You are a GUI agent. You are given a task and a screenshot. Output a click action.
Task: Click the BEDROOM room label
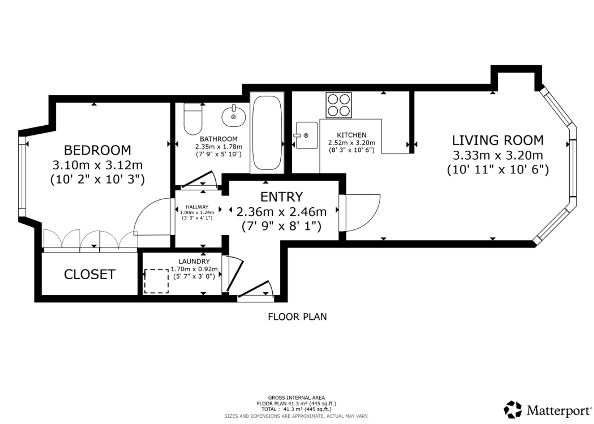click(x=97, y=150)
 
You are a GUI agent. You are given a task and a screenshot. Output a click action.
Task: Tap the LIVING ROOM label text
click(x=498, y=140)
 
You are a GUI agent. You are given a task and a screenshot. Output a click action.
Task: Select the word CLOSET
click(x=90, y=274)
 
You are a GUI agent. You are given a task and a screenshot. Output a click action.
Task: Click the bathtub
click(x=267, y=133)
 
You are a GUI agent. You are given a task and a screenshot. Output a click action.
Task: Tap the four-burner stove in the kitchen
click(x=339, y=105)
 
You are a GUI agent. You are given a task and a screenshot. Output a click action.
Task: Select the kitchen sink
click(x=306, y=135)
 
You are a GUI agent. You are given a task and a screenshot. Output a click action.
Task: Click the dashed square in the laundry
click(x=157, y=281)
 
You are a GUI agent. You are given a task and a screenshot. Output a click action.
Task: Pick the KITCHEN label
click(x=352, y=135)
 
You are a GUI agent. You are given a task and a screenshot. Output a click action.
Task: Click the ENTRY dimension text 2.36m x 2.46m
click(x=282, y=212)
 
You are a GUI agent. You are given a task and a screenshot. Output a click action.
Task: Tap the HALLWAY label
click(x=197, y=207)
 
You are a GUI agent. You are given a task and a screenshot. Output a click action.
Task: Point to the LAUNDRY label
click(x=194, y=261)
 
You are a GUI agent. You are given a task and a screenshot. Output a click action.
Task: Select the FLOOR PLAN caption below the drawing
click(x=297, y=317)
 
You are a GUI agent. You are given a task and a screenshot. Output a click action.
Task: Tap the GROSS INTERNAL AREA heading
click(x=296, y=398)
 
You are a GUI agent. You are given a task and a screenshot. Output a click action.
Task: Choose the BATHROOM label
click(x=219, y=139)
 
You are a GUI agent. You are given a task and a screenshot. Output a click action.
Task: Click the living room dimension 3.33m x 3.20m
click(x=498, y=155)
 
